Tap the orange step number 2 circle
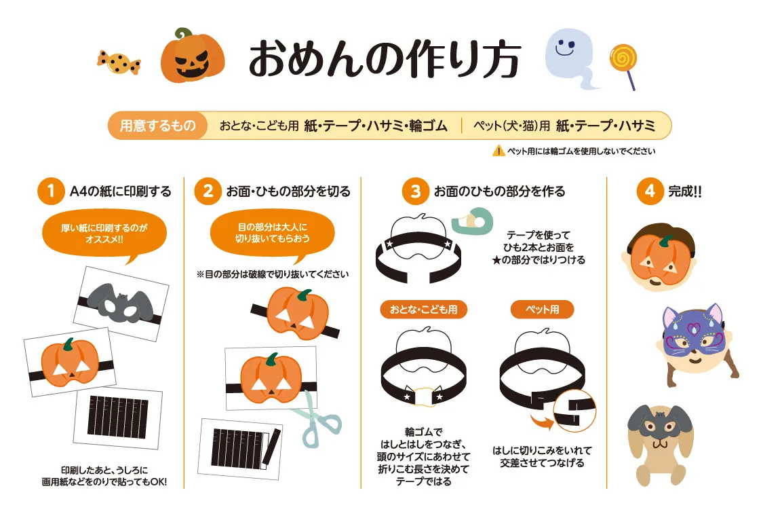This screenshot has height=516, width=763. [x=207, y=191]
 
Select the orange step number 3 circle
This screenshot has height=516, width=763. [x=415, y=191]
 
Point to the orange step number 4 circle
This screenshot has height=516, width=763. [x=649, y=191]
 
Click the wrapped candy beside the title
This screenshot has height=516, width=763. [x=119, y=62]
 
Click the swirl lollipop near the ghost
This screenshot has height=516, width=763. [x=622, y=61]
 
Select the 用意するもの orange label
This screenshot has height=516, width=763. [x=158, y=126]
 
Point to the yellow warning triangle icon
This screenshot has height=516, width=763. [x=498, y=151]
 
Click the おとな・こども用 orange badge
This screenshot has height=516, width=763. [x=423, y=310]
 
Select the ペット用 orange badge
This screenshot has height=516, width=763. [x=543, y=310]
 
